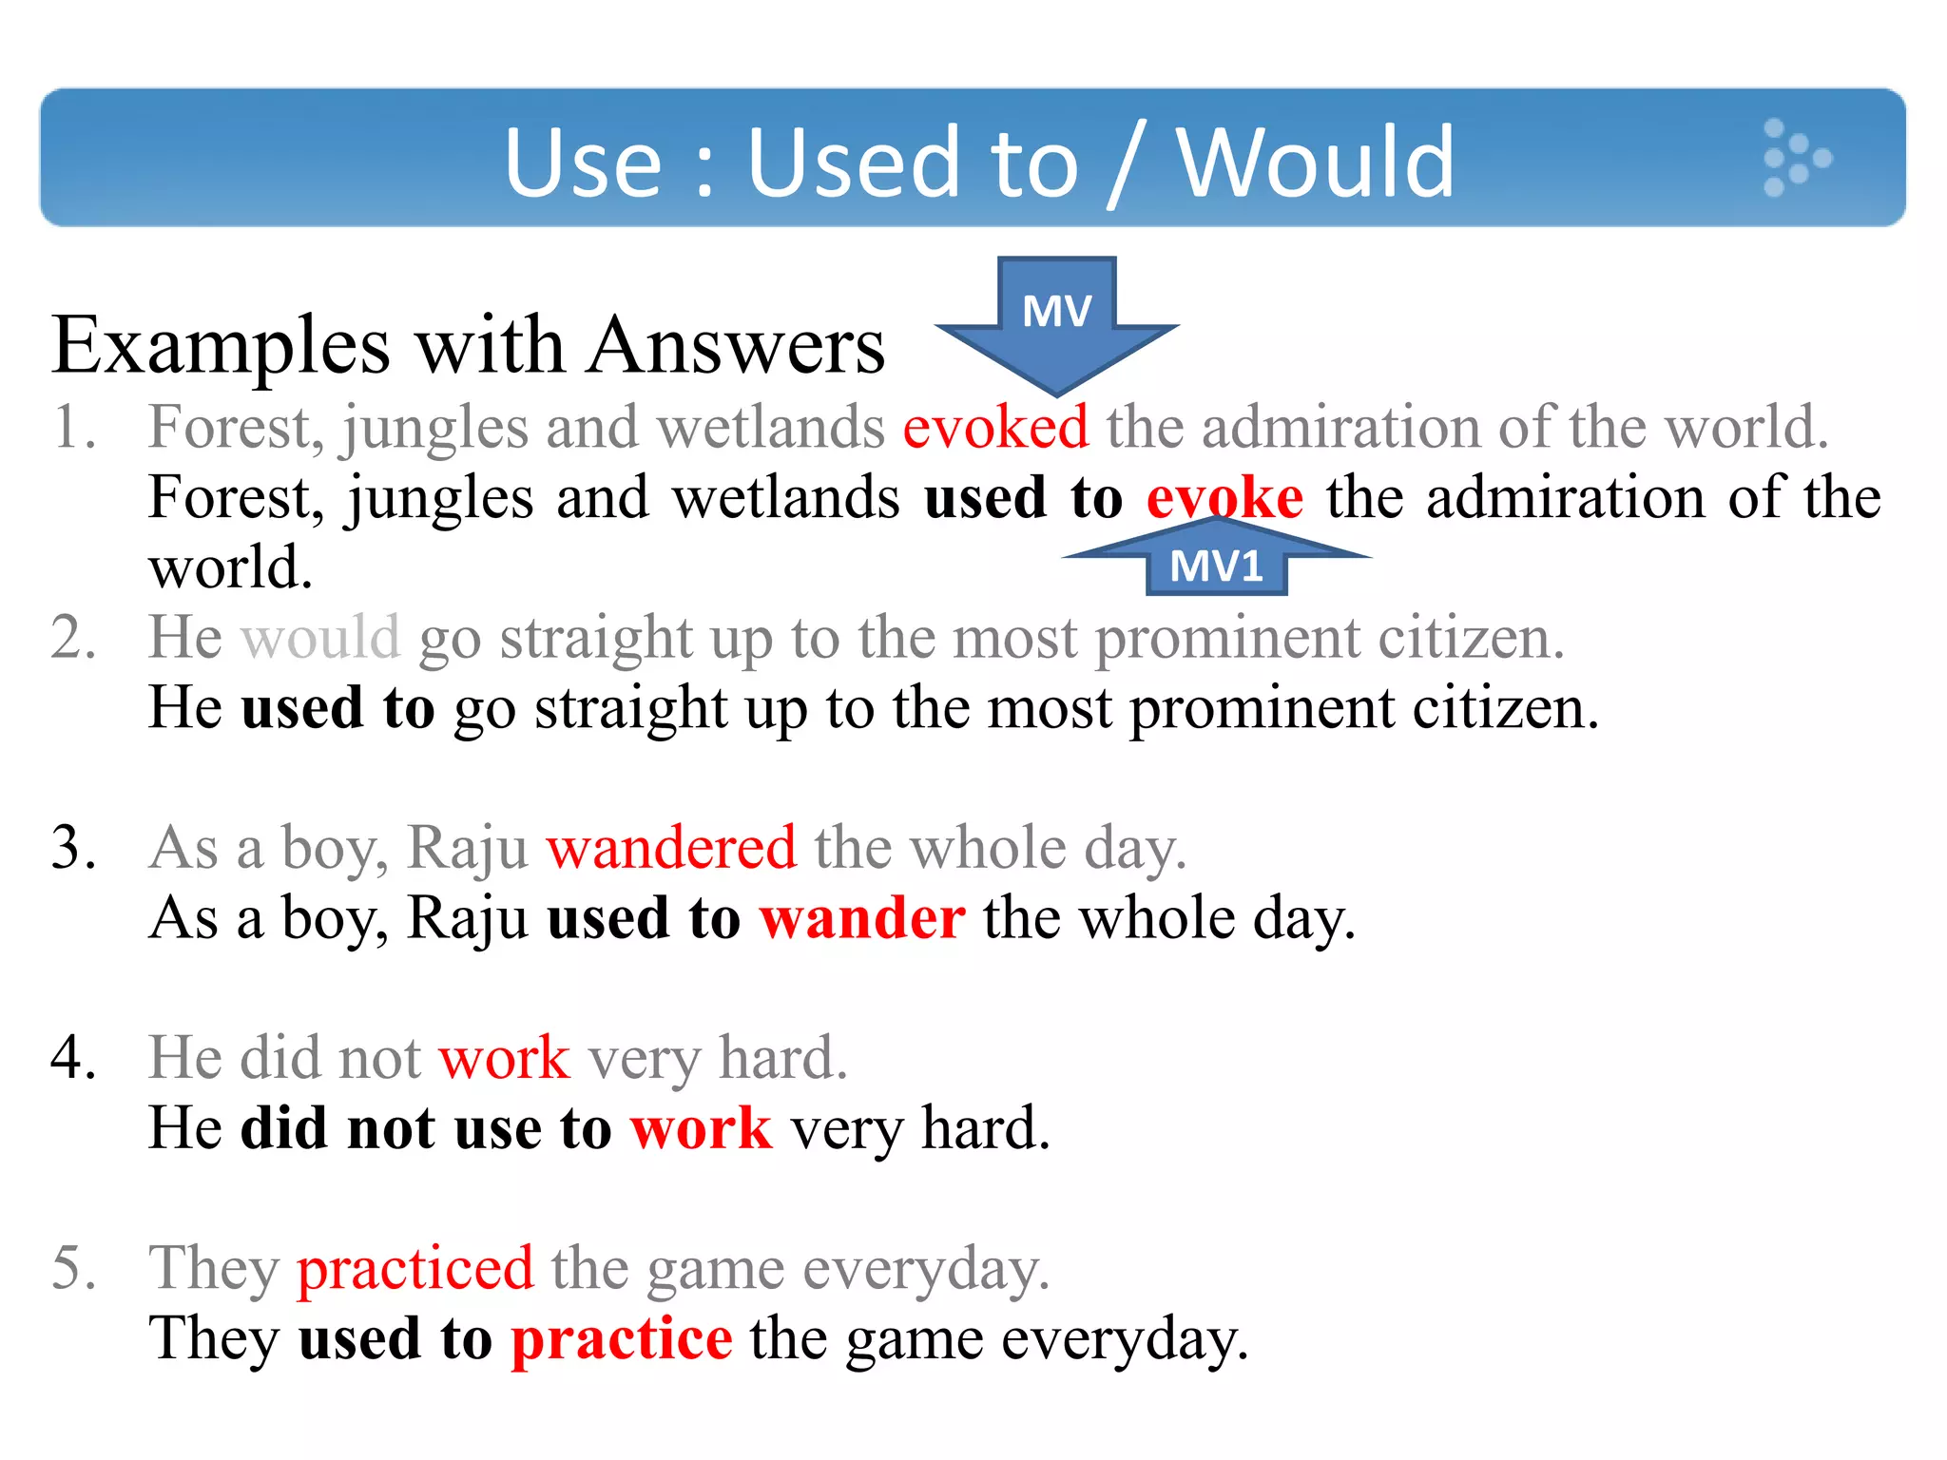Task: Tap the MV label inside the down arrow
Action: (1056, 311)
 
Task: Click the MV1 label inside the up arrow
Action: (1216, 567)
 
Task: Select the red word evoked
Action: (994, 427)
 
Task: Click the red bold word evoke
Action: (1224, 498)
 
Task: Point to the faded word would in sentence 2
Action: (320, 637)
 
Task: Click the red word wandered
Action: (671, 847)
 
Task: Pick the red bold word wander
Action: (862, 918)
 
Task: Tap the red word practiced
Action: (415, 1268)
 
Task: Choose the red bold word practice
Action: (622, 1338)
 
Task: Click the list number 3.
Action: (73, 847)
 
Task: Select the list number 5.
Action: (73, 1268)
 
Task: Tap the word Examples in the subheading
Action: (221, 346)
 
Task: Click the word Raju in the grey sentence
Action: (467, 847)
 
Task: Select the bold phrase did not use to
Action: (426, 1128)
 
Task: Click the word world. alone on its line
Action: (230, 567)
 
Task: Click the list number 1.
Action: (73, 427)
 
